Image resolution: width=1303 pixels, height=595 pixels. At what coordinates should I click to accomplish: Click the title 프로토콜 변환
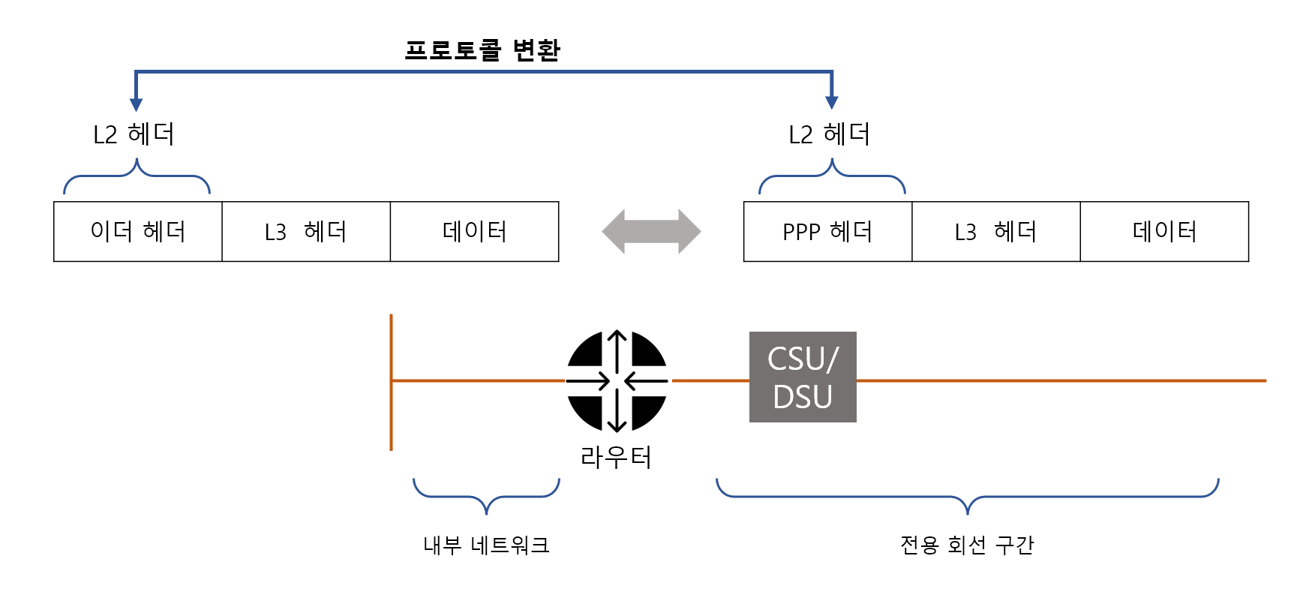(482, 50)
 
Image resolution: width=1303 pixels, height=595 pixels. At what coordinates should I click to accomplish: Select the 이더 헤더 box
(138, 231)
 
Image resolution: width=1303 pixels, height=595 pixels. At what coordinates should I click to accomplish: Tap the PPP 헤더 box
(827, 231)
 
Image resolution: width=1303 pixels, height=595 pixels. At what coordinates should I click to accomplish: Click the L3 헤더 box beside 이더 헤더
(306, 231)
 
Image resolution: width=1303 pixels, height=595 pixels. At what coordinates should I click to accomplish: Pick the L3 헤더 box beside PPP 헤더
(995, 231)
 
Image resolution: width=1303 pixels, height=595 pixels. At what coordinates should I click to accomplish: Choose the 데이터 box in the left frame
(474, 231)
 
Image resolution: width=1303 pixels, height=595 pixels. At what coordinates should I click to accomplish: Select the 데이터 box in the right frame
(1164, 231)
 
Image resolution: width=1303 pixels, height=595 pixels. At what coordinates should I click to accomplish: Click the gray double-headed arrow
(651, 231)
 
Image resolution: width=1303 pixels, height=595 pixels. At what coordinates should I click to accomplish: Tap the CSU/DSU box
(803, 377)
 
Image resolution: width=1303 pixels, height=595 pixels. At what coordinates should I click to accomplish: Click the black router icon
(617, 380)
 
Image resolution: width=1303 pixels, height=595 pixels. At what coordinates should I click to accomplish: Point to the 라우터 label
(616, 457)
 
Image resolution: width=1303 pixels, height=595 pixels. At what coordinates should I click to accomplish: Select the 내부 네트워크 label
(486, 545)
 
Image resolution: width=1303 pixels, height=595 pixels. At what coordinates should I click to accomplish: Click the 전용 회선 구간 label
(967, 545)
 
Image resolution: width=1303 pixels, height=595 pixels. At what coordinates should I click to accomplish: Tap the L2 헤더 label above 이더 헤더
(134, 134)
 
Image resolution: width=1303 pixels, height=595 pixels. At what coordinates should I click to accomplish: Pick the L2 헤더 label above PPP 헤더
(829, 134)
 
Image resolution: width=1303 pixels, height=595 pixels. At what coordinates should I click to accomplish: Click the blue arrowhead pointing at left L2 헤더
(136, 104)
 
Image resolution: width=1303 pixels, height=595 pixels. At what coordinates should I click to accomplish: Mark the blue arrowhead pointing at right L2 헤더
(831, 102)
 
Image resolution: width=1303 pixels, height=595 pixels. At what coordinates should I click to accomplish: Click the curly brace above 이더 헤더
(137, 176)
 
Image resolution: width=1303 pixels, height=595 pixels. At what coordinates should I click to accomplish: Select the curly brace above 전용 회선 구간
(967, 497)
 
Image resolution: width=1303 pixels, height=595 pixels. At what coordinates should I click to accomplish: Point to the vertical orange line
(391, 383)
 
